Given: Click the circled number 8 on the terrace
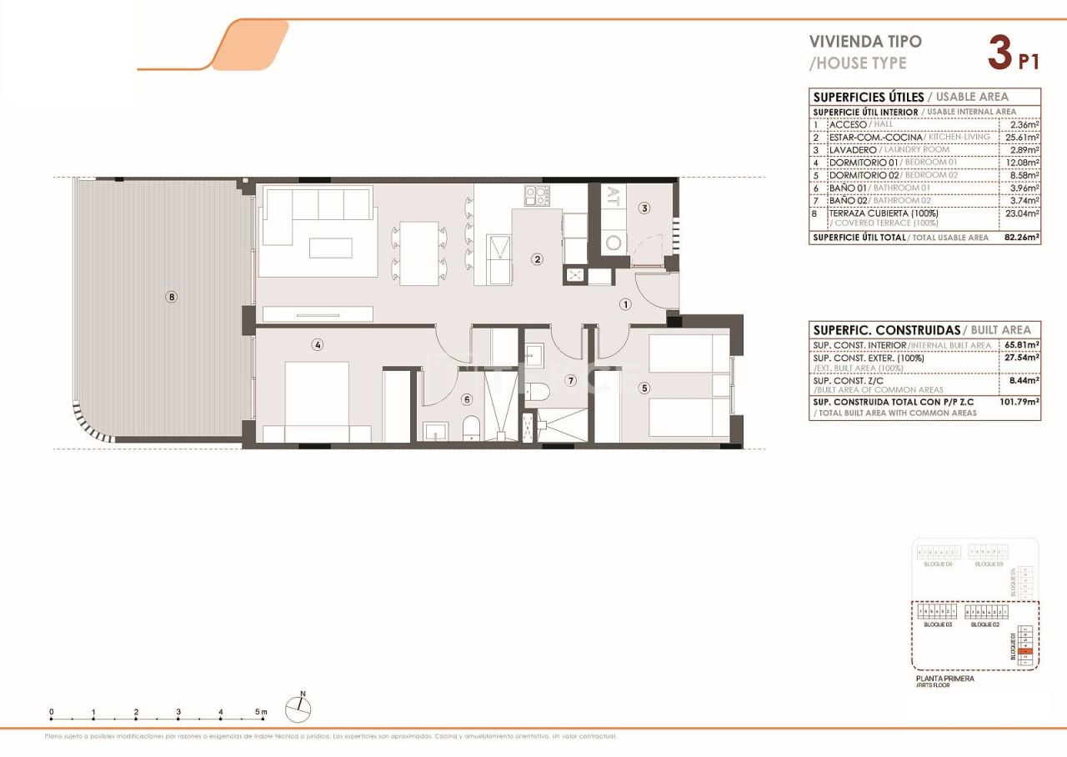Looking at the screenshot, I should pyautogui.click(x=171, y=297).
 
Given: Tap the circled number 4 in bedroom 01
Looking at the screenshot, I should pyautogui.click(x=318, y=344).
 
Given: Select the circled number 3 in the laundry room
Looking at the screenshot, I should pyautogui.click(x=644, y=208).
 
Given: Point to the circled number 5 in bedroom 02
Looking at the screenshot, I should pyautogui.click(x=644, y=388).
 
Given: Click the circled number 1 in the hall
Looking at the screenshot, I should pyautogui.click(x=625, y=304).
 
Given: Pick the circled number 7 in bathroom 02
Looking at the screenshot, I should pyautogui.click(x=571, y=381).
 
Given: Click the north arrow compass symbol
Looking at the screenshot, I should pyautogui.click(x=298, y=709).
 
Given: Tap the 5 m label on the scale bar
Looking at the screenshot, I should pyautogui.click(x=262, y=712).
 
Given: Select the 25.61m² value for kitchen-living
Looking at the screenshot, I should pyautogui.click(x=1021, y=137).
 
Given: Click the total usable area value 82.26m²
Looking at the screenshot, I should pyautogui.click(x=1020, y=238).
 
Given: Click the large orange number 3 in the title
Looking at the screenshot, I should pyautogui.click(x=999, y=54).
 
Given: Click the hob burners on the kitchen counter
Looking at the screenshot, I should pyautogui.click(x=536, y=196).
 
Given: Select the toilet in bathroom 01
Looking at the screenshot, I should pyautogui.click(x=471, y=427).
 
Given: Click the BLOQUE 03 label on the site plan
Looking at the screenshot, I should pyautogui.click(x=938, y=624).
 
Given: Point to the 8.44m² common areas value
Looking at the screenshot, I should pyautogui.click(x=1021, y=380).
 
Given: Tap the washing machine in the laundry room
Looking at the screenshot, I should pyautogui.click(x=614, y=243).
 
